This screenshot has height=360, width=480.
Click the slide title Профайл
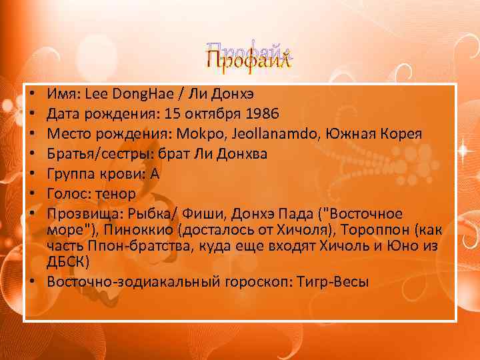pyautogui.click(x=249, y=59)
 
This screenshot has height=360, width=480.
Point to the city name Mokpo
pyautogui.click(x=199, y=134)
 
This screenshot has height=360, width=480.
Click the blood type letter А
pyautogui.click(x=157, y=174)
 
